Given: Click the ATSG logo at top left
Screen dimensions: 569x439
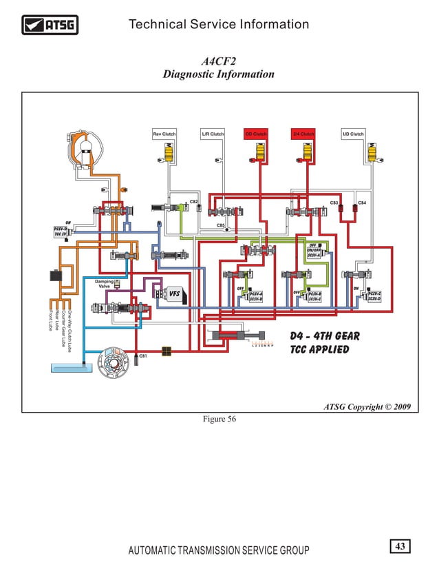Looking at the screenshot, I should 50,26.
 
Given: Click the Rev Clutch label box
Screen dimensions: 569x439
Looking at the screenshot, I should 164,134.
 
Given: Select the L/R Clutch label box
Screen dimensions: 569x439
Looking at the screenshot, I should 213,134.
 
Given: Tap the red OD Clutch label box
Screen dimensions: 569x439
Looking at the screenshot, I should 256,134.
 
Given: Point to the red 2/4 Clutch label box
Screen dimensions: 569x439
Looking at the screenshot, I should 303,134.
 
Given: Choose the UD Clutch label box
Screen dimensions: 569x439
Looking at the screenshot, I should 353,134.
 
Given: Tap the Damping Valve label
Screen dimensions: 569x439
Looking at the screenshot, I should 105,284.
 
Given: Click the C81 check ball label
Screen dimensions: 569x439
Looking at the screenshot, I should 144,355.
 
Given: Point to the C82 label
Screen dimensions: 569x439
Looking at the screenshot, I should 194,201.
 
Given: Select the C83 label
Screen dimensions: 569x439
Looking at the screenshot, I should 334,203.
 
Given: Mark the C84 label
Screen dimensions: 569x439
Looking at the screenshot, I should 362,203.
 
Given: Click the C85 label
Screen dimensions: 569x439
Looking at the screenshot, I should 221,225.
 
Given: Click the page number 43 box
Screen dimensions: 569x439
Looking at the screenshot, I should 400,546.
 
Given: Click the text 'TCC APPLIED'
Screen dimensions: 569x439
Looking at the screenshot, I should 319,349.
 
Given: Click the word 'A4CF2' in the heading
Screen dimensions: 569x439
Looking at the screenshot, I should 218,61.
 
